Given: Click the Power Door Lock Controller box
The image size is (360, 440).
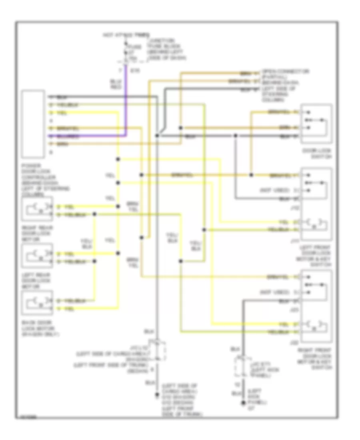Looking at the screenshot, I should click(x=33, y=124).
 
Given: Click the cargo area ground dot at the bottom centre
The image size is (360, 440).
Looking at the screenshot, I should click(x=157, y=397).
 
